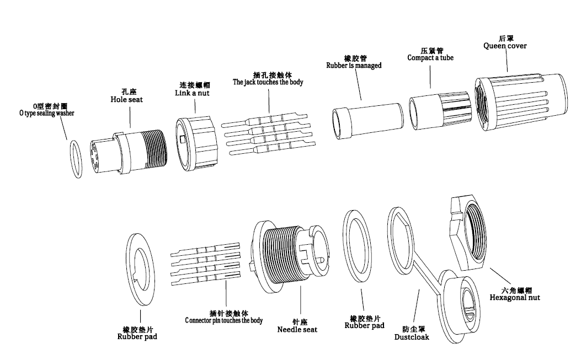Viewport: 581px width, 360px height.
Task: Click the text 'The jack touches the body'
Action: (x=268, y=82)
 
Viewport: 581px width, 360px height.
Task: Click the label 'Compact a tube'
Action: (x=430, y=58)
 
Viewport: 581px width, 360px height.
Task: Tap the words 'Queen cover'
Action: (x=505, y=46)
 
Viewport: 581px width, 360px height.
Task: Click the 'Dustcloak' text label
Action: (x=412, y=336)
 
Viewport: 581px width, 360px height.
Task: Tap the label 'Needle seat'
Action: (x=297, y=330)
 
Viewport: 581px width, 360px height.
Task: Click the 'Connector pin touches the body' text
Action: (x=223, y=320)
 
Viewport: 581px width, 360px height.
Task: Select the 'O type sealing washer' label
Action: (x=46, y=113)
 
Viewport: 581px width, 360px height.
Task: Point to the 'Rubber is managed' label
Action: (x=354, y=65)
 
